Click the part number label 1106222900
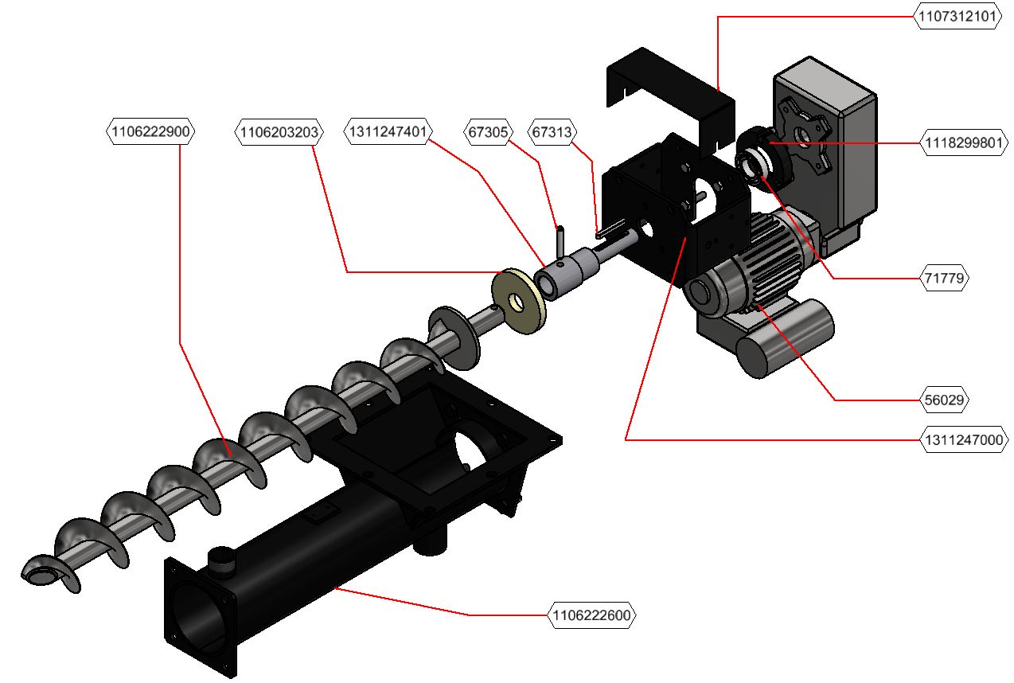click(150, 131)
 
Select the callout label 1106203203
click(279, 131)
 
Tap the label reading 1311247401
click(388, 131)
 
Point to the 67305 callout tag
click(488, 131)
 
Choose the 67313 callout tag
click(552, 131)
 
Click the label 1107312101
click(957, 17)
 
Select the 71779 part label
click(945, 279)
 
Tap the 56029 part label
click(945, 400)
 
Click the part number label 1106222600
click(593, 615)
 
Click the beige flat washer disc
click(519, 301)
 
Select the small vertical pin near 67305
click(560, 240)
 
